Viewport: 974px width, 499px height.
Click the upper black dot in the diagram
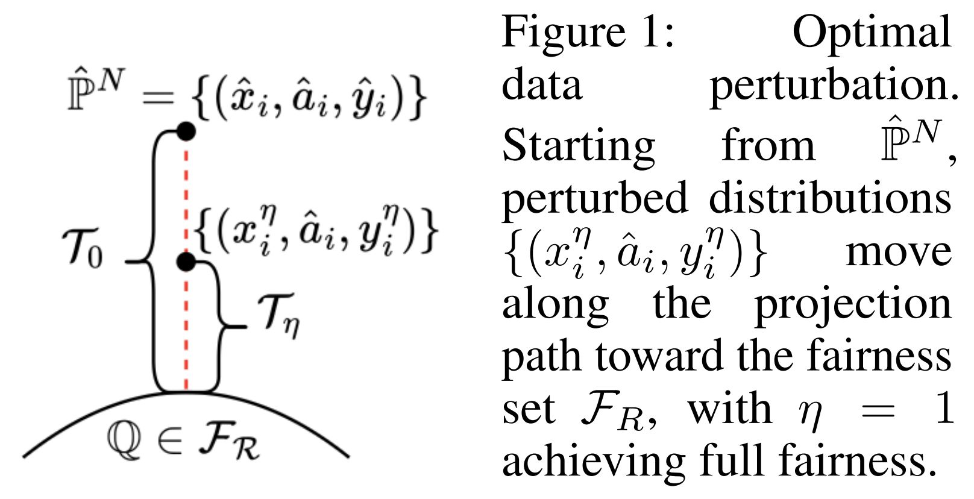(186, 131)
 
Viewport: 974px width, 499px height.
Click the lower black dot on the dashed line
(186, 262)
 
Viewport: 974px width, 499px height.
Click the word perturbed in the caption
(594, 198)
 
